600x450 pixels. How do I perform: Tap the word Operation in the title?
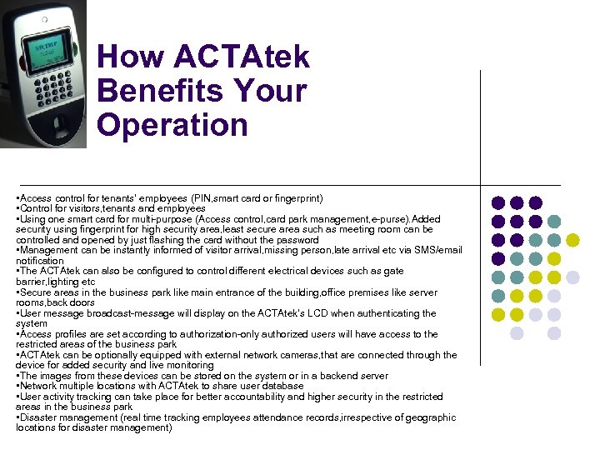coord(172,125)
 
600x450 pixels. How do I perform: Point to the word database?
coord(282,387)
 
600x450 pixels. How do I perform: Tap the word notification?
coord(39,261)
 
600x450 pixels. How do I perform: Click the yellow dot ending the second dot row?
coord(572,240)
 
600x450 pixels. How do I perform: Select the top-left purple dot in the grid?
coord(498,202)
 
